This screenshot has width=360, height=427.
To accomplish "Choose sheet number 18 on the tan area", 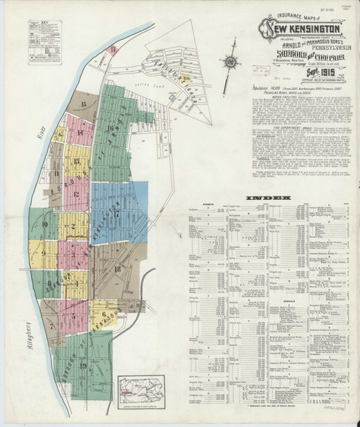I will click(x=117, y=268).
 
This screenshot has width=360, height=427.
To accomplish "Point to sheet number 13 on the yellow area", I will click(x=75, y=162).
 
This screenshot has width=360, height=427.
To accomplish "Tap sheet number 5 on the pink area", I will click(x=73, y=315).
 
